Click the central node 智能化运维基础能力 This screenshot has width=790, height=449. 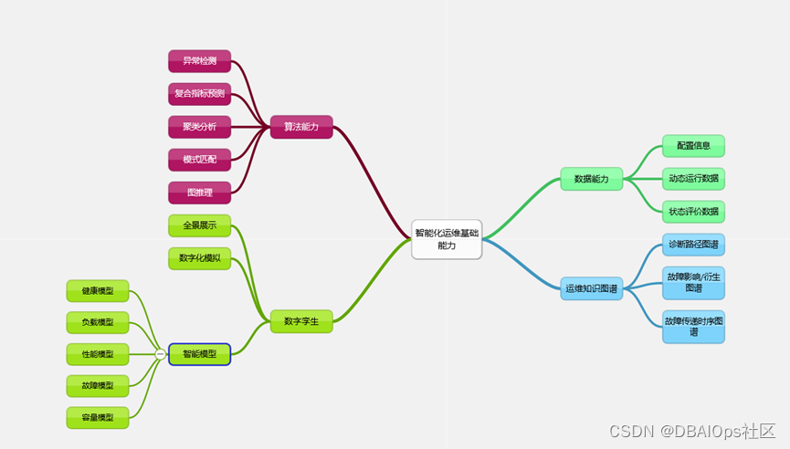coord(446,239)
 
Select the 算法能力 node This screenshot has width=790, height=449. coord(301,127)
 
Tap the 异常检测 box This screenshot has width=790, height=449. coord(199,61)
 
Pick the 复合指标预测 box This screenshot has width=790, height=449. coord(199,93)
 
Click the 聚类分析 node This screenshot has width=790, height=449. coord(199,127)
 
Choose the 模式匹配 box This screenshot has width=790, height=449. coord(199,160)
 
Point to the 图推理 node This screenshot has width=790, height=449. coord(199,193)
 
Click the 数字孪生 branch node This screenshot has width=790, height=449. coord(301,321)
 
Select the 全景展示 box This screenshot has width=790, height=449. coord(199,225)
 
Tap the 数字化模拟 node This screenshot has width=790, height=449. coord(199,258)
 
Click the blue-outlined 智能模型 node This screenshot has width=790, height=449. coord(199,354)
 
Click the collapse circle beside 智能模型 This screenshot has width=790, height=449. coord(160,354)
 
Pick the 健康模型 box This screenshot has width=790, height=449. coord(98,291)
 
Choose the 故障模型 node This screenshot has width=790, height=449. coord(98,385)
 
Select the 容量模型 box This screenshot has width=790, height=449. coord(98,417)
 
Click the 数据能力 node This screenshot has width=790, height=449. coord(591,179)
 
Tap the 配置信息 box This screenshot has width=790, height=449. coord(693,146)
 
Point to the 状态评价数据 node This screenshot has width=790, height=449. coord(693,212)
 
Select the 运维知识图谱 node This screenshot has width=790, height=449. coord(591,288)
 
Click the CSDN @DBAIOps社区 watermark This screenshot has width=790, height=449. coord(691,431)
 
